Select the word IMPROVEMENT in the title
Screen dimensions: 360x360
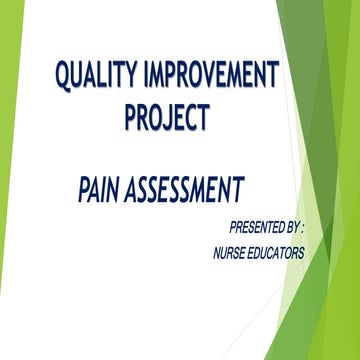click(210, 75)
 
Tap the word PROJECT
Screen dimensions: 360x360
click(167, 117)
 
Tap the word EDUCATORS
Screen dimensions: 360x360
click(278, 254)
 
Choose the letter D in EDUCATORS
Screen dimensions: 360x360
click(263, 254)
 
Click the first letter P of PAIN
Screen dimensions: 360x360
click(84, 189)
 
